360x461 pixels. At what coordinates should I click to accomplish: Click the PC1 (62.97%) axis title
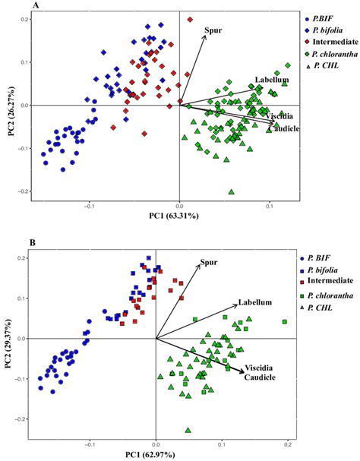(156, 453)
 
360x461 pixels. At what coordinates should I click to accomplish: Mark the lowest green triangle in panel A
(231, 191)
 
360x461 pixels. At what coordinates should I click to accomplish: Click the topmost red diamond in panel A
(190, 20)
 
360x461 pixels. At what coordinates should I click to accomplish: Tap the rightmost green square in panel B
(285, 322)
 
